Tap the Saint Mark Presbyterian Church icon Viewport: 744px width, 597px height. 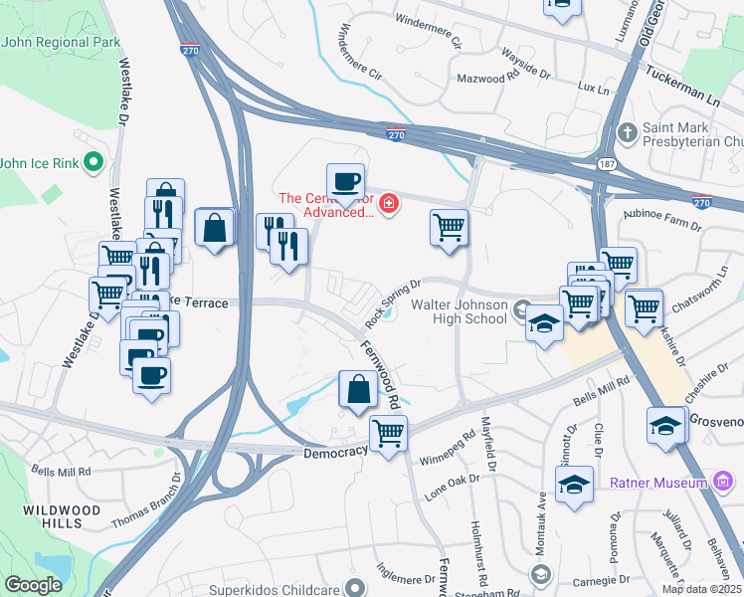[x=628, y=132]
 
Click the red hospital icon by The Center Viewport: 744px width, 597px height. [x=388, y=206]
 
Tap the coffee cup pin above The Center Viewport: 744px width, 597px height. [x=345, y=182]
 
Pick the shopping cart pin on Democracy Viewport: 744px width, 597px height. [x=388, y=433]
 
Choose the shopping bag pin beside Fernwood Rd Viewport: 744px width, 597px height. [x=358, y=389]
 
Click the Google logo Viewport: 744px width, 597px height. [x=33, y=585]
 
